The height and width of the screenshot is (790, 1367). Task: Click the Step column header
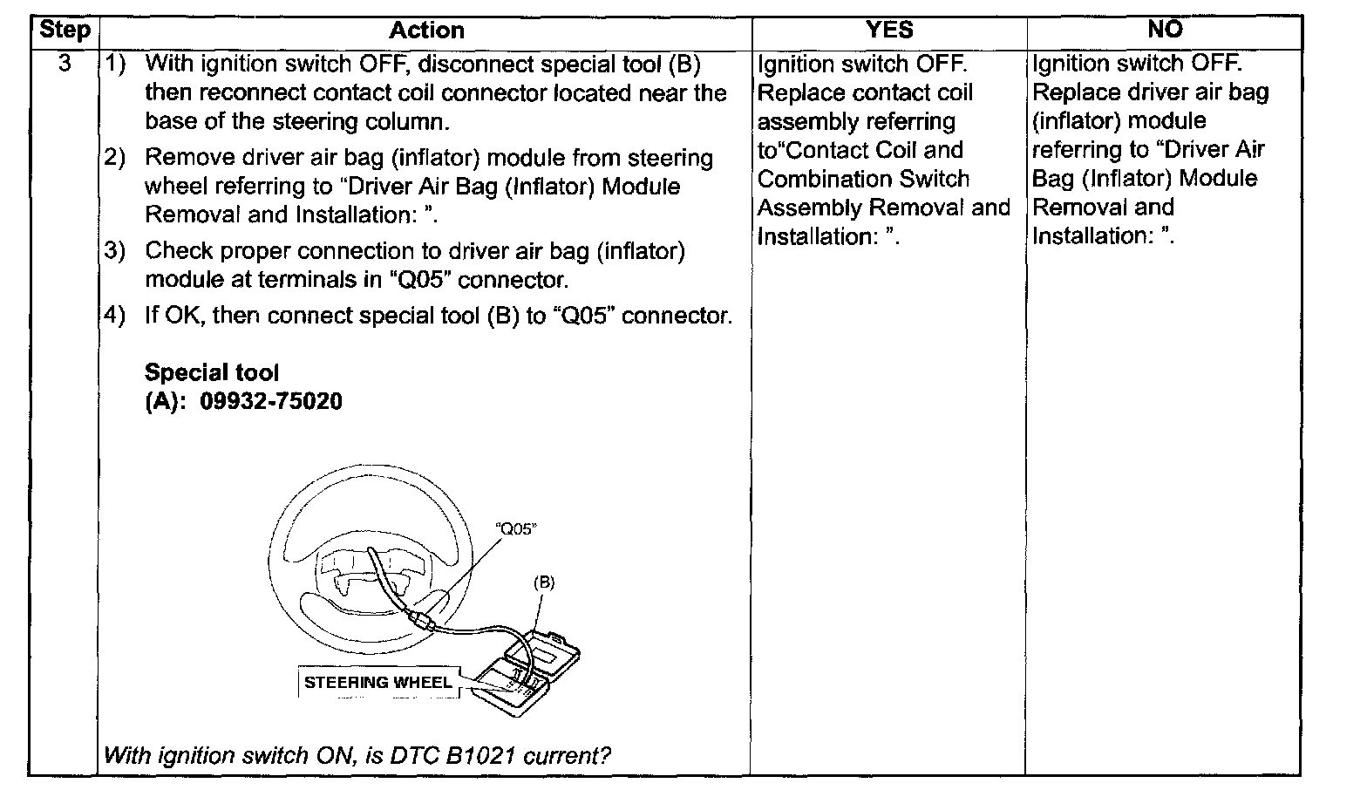[x=65, y=30]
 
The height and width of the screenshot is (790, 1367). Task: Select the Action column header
[x=426, y=31]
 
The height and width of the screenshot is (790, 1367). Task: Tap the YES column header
[x=889, y=30]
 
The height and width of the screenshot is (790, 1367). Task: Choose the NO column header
[x=1165, y=29]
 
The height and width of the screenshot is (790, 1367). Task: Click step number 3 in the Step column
[x=65, y=63]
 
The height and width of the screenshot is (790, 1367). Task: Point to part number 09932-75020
[x=271, y=401]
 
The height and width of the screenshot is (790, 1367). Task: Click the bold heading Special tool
[x=212, y=372]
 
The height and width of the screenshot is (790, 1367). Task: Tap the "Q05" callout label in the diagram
[x=516, y=528]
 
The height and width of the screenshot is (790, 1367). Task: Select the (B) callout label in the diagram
[x=544, y=582]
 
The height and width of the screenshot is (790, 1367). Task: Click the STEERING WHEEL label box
[x=378, y=682]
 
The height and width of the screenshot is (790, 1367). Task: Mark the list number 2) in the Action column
[x=115, y=158]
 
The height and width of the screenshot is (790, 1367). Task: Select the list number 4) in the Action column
[x=115, y=315]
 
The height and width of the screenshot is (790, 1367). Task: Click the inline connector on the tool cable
[x=422, y=621]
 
